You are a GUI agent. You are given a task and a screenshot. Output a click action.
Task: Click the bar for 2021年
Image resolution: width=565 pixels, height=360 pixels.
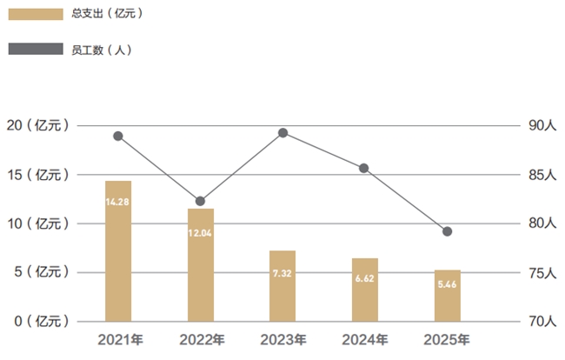click(118, 251)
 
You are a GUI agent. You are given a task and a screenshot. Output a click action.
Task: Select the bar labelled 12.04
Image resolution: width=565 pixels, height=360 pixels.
click(201, 265)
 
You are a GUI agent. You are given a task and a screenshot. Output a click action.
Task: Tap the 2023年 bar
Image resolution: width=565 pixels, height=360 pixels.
click(282, 286)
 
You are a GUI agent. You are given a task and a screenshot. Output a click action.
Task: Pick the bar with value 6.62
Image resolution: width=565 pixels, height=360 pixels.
click(365, 290)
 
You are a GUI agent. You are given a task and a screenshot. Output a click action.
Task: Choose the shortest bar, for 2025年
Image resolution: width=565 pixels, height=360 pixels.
click(448, 296)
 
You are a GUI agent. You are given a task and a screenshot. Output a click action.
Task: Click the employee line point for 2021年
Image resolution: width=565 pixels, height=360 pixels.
click(118, 136)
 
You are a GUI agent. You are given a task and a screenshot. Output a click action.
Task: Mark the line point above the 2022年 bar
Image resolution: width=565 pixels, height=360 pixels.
click(201, 201)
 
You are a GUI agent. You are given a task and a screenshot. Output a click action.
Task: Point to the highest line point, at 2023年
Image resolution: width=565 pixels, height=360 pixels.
click(282, 133)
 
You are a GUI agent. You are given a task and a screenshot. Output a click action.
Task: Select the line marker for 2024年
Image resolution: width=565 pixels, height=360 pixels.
click(364, 168)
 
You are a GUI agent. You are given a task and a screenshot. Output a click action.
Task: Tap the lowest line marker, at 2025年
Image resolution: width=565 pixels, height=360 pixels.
click(447, 231)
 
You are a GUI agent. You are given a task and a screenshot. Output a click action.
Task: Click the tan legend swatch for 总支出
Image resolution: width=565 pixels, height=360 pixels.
click(36, 15)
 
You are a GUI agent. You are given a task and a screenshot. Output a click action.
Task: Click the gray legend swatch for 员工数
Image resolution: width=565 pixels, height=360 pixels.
click(36, 50)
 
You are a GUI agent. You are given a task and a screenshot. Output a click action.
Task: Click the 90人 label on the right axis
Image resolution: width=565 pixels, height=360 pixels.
click(541, 126)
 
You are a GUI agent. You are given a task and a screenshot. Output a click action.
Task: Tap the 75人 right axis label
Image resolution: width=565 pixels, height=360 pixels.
click(541, 273)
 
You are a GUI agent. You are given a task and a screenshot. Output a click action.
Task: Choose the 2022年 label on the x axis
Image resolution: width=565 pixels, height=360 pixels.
click(201, 340)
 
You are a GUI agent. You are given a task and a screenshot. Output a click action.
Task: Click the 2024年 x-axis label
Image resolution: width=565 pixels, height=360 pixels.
click(365, 340)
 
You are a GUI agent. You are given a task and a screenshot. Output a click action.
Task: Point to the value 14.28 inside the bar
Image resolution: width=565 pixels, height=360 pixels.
click(118, 202)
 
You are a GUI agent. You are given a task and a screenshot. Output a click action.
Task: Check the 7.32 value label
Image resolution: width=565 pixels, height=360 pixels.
click(282, 273)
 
